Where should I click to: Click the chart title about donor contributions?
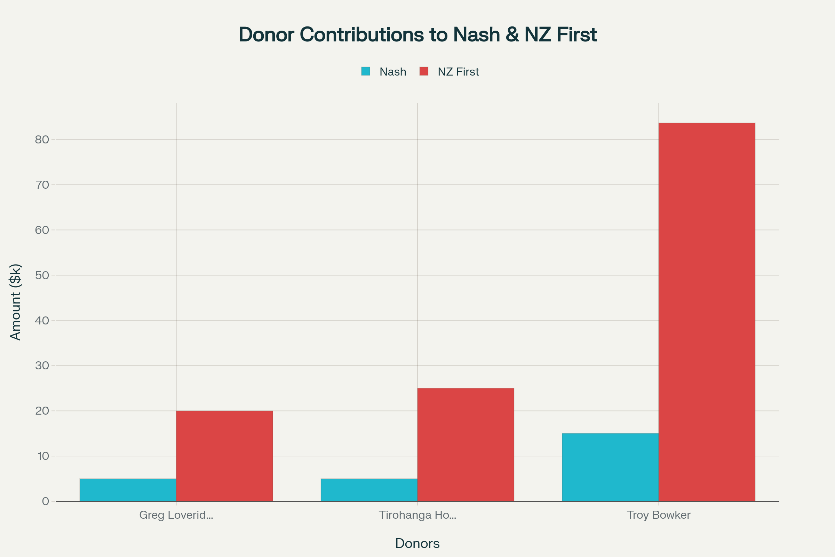tap(417, 35)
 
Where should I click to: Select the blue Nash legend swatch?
tap(365, 71)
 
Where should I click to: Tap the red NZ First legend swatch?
tap(423, 71)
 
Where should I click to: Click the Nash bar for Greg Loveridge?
tap(128, 490)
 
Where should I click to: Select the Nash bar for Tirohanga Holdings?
tap(369, 490)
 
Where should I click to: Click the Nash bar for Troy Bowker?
tap(610, 467)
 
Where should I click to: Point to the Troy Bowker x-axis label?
tap(659, 515)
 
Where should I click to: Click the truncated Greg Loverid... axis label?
tap(176, 515)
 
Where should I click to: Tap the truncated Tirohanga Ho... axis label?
tap(417, 515)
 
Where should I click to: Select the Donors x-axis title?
tap(417, 543)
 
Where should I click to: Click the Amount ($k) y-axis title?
tap(16, 302)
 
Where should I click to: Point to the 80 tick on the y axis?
tap(42, 140)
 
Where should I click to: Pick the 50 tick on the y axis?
tap(42, 275)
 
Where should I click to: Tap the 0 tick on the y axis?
tap(46, 501)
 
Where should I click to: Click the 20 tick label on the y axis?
tap(42, 411)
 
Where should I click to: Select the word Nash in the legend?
tap(393, 72)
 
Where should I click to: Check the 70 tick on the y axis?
tap(42, 185)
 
